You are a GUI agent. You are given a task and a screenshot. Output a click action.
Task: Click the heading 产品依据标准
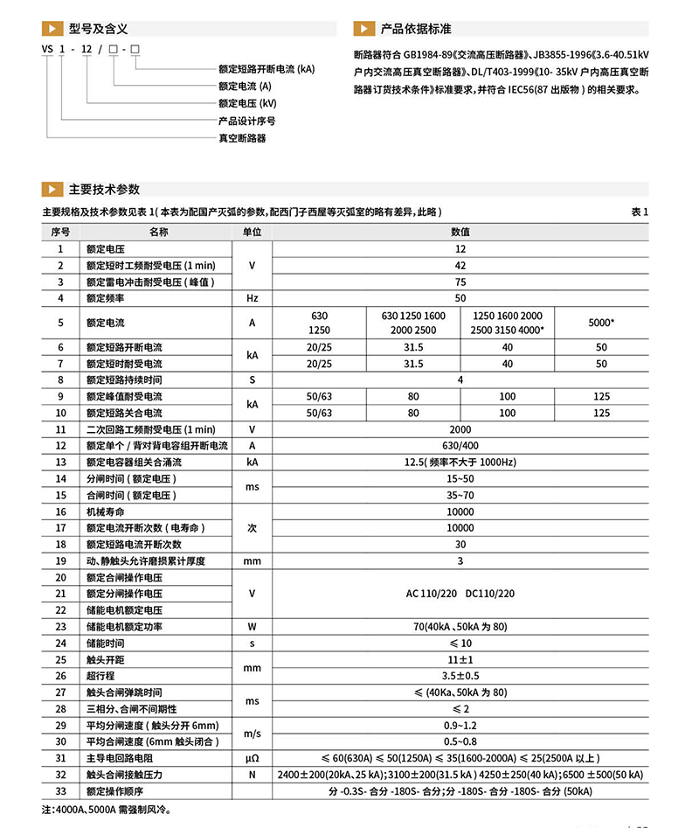pyautogui.click(x=417, y=29)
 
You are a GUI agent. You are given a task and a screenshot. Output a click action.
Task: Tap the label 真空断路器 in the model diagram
pyautogui.click(x=242, y=138)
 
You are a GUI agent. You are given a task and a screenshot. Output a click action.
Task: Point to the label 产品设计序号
pyautogui.click(x=246, y=121)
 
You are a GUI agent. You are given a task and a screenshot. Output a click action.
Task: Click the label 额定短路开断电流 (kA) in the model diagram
pyautogui.click(x=266, y=69)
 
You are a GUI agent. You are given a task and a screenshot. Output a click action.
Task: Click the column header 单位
pyautogui.click(x=252, y=232)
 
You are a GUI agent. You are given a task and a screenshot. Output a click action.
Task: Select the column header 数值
pyautogui.click(x=460, y=232)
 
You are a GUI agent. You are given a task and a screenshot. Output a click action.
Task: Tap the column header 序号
pyautogui.click(x=60, y=232)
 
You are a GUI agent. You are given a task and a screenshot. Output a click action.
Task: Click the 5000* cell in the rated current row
pyautogui.click(x=601, y=323)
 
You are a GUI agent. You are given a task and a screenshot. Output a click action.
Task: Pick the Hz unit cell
pyautogui.click(x=252, y=298)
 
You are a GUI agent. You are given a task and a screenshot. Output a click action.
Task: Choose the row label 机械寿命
pyautogui.click(x=104, y=511)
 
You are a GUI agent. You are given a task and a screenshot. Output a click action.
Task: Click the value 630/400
pyautogui.click(x=460, y=445)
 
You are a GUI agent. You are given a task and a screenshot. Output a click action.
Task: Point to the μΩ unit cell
pyautogui.click(x=252, y=758)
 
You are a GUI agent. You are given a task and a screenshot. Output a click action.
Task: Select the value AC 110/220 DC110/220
pyautogui.click(x=460, y=594)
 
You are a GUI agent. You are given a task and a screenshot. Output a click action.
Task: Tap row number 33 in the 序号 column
pyautogui.click(x=60, y=791)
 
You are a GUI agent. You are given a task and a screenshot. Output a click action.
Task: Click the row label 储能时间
pyautogui.click(x=104, y=643)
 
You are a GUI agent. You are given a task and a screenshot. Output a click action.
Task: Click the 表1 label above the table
pyautogui.click(x=640, y=212)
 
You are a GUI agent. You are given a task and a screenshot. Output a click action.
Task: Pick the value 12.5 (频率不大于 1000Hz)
pyautogui.click(x=460, y=462)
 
